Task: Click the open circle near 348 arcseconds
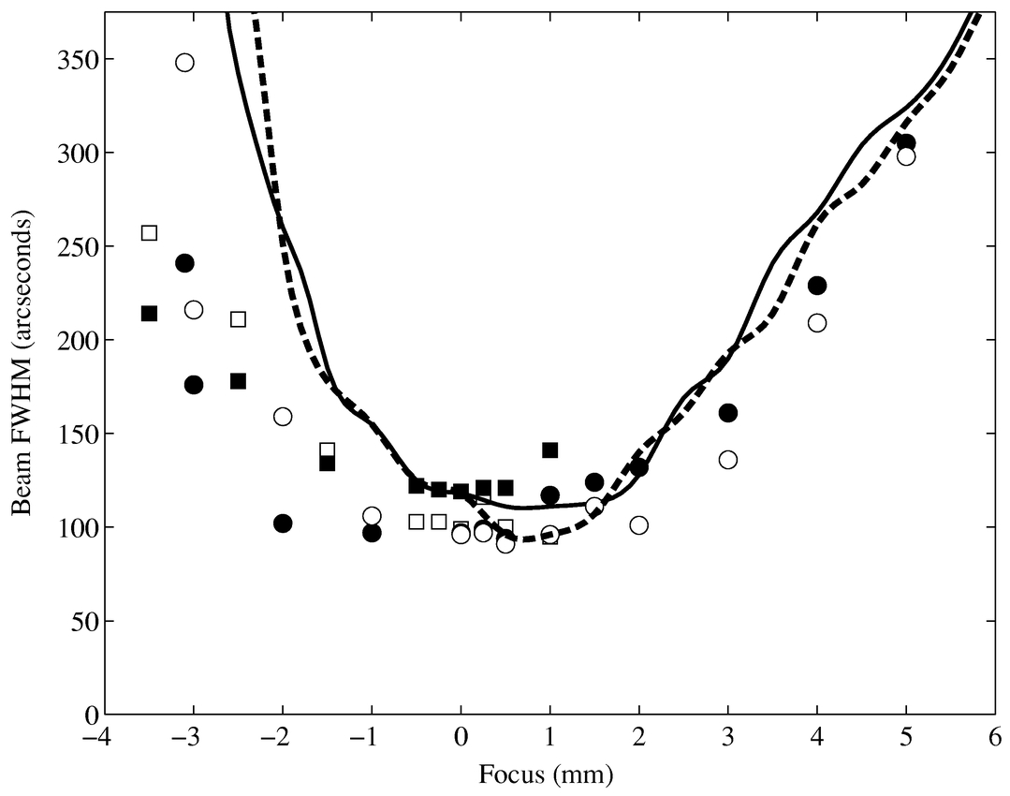pyautogui.click(x=184, y=63)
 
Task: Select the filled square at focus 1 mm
pyautogui.click(x=550, y=450)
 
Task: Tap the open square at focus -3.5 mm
pyautogui.click(x=149, y=232)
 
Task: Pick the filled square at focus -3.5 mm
pyautogui.click(x=149, y=313)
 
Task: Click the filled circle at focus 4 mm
pyautogui.click(x=817, y=286)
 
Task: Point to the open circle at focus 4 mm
pyautogui.click(x=817, y=323)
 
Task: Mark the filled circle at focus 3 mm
pyautogui.click(x=728, y=413)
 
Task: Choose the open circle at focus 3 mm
pyautogui.click(x=728, y=460)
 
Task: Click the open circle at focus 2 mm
pyautogui.click(x=639, y=525)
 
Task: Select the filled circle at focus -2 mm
pyautogui.click(x=283, y=523)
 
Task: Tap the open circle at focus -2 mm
pyautogui.click(x=283, y=417)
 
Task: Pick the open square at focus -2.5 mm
pyautogui.click(x=238, y=319)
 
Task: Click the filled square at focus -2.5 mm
pyautogui.click(x=238, y=381)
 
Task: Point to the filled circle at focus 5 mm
pyautogui.click(x=906, y=143)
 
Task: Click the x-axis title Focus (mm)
pyautogui.click(x=546, y=775)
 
